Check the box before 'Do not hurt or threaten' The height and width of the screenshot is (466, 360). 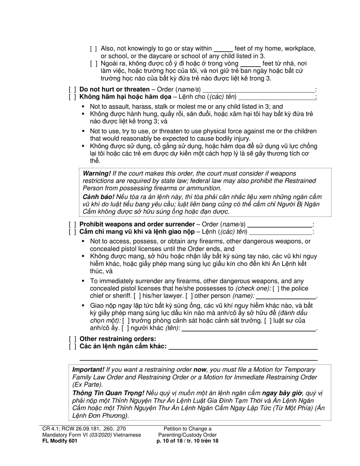pos(72,90)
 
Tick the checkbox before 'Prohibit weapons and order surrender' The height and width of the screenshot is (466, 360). pos(72,224)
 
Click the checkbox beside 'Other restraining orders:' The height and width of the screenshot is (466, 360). pos(72,339)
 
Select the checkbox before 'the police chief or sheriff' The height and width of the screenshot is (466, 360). pos(275,289)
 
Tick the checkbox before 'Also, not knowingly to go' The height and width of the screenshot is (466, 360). pos(94,48)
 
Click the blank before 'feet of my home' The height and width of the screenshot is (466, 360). pos(223,49)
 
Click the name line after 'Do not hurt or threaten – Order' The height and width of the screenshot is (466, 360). pos(258,90)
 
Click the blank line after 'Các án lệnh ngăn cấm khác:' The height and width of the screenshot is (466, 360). pos(243,347)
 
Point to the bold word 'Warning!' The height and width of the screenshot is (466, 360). pos(97,174)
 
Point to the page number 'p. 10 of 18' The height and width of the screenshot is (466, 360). pos(170,441)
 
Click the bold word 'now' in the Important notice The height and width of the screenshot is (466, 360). pos(199,370)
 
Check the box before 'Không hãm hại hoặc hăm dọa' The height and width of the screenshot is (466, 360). pos(72,97)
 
